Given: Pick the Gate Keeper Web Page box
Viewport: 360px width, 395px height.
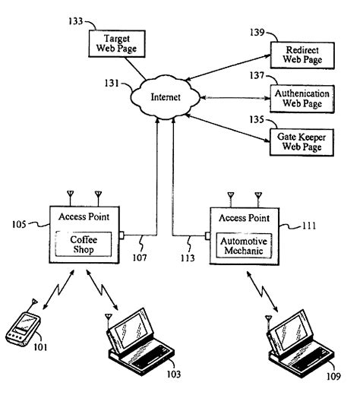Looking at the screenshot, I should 302,141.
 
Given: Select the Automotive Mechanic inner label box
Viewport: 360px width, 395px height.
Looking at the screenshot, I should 240,245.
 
